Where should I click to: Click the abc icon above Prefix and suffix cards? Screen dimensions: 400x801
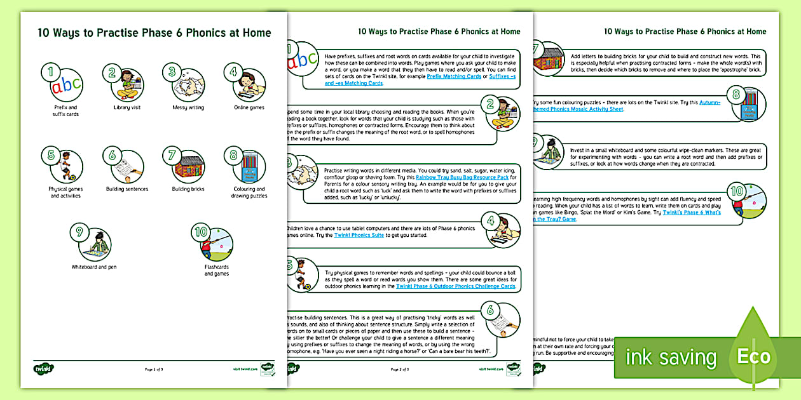click(x=67, y=85)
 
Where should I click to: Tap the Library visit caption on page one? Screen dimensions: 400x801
click(x=127, y=107)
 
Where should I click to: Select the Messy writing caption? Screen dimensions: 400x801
click(x=188, y=107)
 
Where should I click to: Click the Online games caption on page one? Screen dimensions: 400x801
click(x=249, y=107)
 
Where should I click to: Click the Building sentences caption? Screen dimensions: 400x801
click(x=127, y=189)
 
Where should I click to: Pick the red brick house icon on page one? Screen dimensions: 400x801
click(x=188, y=167)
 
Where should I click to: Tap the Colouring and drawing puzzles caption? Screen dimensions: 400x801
click(x=249, y=192)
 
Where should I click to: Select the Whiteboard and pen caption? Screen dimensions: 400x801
click(x=93, y=267)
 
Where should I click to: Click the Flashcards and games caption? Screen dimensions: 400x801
click(x=217, y=270)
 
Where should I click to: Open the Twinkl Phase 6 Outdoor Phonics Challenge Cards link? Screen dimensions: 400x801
click(x=455, y=286)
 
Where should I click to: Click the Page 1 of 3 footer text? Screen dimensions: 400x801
click(x=153, y=369)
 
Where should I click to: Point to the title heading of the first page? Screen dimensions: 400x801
click(x=154, y=33)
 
